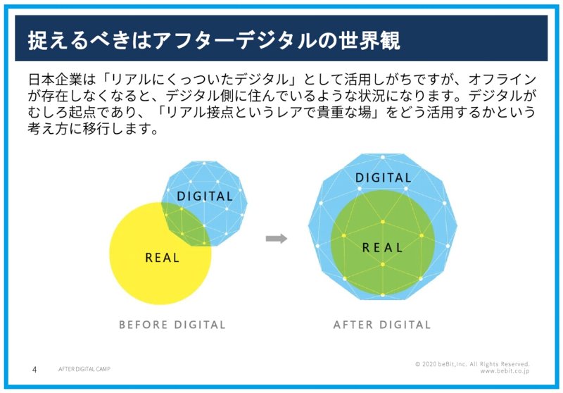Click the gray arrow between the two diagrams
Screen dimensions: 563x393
tap(277, 239)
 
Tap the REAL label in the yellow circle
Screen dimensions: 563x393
tap(162, 258)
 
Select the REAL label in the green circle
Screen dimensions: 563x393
tap(382, 247)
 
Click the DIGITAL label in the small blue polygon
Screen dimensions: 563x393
tap(205, 196)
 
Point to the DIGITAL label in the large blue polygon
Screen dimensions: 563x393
tap(383, 177)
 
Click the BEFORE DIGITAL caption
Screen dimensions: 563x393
tap(172, 325)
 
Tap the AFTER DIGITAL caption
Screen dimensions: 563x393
tap(382, 325)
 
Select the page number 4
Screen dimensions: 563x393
tap(34, 370)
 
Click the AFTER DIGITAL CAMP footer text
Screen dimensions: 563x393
tap(84, 369)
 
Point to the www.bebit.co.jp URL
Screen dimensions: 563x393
tap(505, 371)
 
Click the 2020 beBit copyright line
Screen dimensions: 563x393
tap(472, 364)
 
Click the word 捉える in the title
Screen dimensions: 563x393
tap(58, 40)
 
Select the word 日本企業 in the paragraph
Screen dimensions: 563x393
tap(56, 80)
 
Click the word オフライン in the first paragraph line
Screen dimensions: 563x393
tap(502, 80)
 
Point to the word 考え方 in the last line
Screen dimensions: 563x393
tap(48, 128)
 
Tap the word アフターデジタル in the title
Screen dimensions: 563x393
tap(236, 40)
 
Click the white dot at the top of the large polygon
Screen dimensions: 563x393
tap(383, 157)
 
